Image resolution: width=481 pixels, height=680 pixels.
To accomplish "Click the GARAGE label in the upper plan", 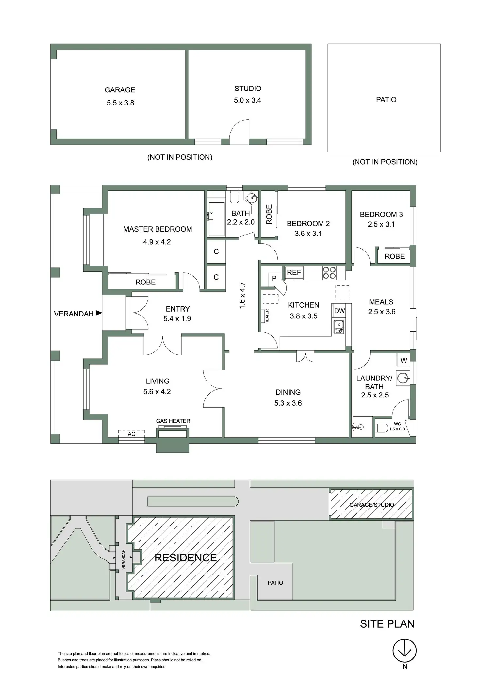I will coord(120,90).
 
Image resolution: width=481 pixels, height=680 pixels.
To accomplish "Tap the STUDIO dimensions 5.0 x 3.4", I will coord(247,100).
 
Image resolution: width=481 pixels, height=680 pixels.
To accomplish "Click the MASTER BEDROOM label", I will coord(158,229).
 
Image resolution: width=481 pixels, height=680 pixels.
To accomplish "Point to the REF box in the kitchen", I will coord(294,272).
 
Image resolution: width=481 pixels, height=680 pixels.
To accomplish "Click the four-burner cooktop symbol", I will coord(329,273).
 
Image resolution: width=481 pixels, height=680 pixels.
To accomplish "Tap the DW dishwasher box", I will coord(340,311).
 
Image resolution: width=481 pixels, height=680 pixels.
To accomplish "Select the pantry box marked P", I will coord(274,279).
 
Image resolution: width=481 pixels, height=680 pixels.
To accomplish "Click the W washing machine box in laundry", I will coord(404,361).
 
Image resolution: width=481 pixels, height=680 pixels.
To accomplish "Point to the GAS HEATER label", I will coord(173,421).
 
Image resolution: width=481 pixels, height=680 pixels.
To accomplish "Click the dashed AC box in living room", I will coord(131,434).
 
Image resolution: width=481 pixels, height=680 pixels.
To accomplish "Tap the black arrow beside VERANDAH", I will coord(99,313).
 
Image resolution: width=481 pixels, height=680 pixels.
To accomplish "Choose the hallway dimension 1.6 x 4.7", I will coord(242,296).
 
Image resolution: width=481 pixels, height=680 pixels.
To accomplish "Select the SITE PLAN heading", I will coord(387,624).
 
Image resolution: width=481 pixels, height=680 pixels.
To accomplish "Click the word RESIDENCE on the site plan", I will coord(185,558).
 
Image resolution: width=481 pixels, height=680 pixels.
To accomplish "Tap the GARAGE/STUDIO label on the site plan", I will coord(372,505).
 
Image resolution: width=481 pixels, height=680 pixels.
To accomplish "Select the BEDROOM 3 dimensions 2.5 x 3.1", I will coord(381,224).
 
